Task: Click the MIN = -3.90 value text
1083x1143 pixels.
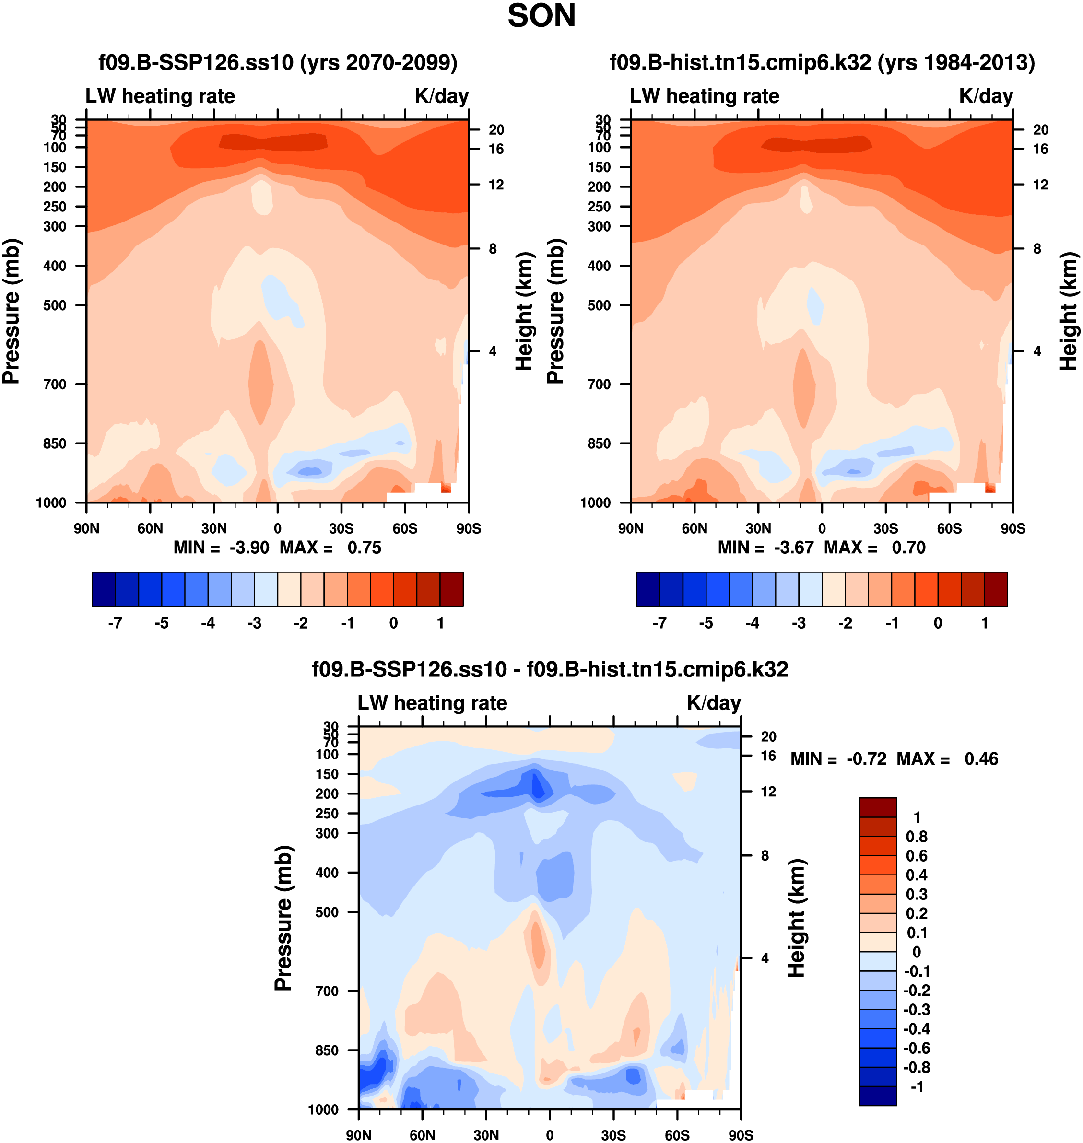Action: tap(249, 548)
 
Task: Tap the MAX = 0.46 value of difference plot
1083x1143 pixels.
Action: tap(981, 759)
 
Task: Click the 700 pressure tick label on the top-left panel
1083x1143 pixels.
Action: tap(55, 384)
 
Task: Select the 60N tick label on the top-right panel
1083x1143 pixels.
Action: tap(695, 528)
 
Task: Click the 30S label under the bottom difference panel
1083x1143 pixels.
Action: tap(613, 1135)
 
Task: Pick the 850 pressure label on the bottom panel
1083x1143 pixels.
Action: tap(327, 1050)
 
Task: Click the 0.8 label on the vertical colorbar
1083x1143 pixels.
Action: tap(917, 837)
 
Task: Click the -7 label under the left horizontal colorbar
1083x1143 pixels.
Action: tap(115, 623)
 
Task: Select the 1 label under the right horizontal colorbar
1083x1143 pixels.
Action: tap(985, 623)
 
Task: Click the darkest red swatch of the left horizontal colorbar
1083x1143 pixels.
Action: tap(451, 589)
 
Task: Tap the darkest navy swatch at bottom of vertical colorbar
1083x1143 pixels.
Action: tap(878, 1096)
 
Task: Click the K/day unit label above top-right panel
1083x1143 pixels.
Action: tap(986, 96)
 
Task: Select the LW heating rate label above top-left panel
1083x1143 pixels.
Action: tap(161, 96)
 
